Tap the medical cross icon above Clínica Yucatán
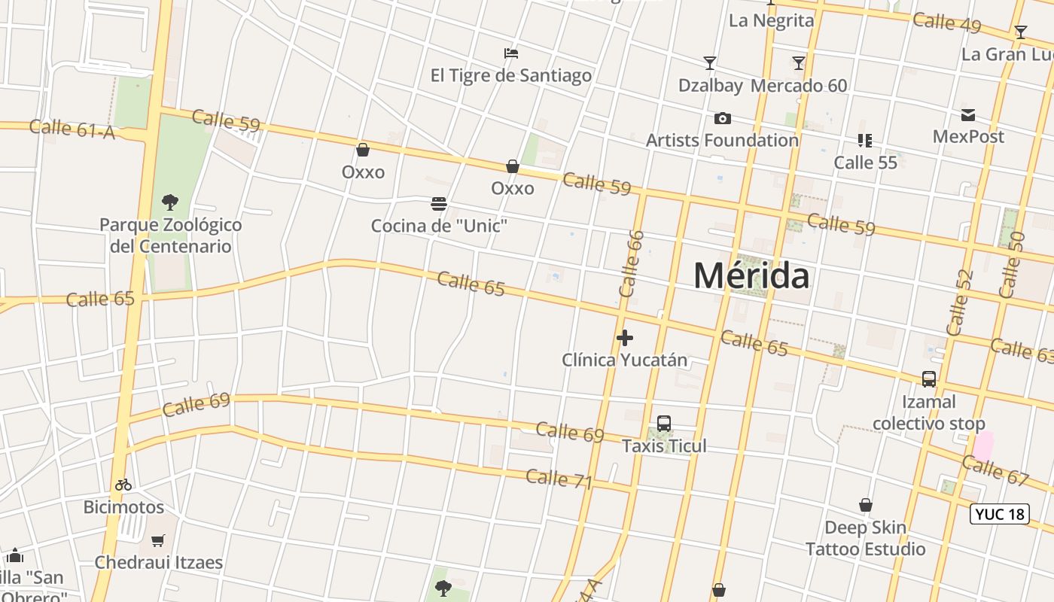coord(625,338)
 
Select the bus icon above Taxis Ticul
coord(663,424)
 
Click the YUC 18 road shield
coord(999,514)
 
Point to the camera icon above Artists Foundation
coord(722,118)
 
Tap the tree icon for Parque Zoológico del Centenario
coord(170,202)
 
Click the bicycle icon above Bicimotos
coord(123,485)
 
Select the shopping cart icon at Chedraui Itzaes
coord(158,540)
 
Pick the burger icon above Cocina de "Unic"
coord(439,204)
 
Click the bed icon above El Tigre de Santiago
coord(511,53)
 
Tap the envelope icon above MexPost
coord(968,115)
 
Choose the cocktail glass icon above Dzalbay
coord(709,62)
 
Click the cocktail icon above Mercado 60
coord(799,62)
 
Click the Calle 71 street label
coord(559,479)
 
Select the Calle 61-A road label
coord(72,129)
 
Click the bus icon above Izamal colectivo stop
coord(929,379)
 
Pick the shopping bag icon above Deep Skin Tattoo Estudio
coord(866,505)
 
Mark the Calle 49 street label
coord(946,22)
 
